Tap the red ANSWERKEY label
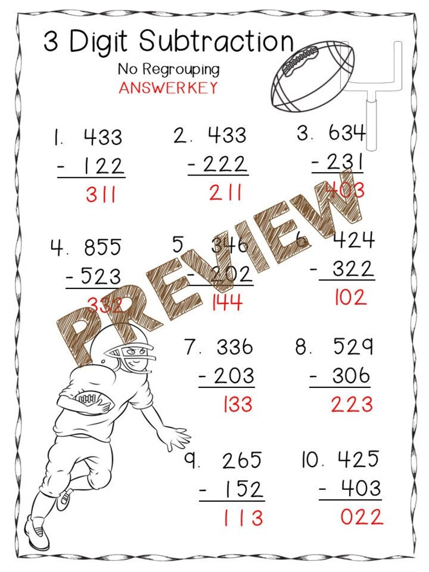[x=168, y=88]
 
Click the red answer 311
[x=100, y=195]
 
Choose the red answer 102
[x=350, y=297]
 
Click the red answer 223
[x=352, y=404]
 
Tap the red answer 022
[x=361, y=517]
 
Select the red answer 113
[x=243, y=518]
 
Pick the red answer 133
[x=238, y=404]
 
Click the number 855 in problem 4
[x=103, y=248]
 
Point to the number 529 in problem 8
[x=352, y=347]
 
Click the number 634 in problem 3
[x=347, y=133]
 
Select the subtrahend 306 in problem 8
[x=351, y=375]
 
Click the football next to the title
[x=312, y=76]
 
